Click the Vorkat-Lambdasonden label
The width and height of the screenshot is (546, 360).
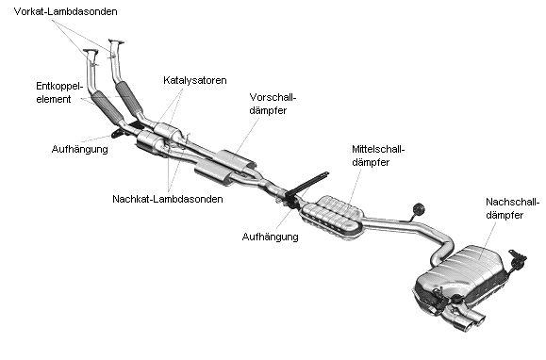(x=65, y=11)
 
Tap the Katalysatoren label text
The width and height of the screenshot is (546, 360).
(x=194, y=80)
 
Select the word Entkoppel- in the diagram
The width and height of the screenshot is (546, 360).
(x=59, y=87)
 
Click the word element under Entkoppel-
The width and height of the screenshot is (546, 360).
(x=54, y=99)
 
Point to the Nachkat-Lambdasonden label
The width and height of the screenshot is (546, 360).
(x=168, y=199)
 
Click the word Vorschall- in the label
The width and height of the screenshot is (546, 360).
(x=273, y=97)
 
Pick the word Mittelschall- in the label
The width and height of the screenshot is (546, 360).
(x=378, y=149)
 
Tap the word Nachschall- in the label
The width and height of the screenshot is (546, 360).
(x=513, y=202)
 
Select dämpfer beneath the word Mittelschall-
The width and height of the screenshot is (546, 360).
(x=371, y=162)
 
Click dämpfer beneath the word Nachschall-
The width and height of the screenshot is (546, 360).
(x=505, y=215)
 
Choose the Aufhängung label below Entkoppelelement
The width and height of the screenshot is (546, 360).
(x=80, y=149)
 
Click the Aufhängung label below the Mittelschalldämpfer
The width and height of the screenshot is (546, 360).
(x=271, y=237)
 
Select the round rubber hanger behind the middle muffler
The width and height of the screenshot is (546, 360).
(x=418, y=209)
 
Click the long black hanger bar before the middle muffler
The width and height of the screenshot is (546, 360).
(x=306, y=184)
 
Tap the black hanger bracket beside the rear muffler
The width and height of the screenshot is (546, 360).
(x=518, y=260)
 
